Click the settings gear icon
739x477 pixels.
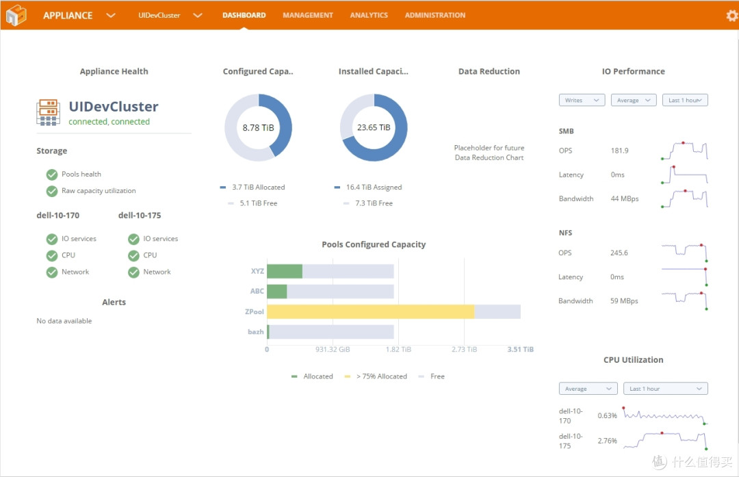point(732,16)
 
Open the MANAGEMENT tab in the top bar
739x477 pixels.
point(308,15)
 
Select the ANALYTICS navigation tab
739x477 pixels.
point(369,15)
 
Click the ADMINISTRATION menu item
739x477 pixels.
point(435,15)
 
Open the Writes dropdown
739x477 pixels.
point(582,100)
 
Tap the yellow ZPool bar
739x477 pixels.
point(370,311)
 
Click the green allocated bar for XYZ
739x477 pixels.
point(285,271)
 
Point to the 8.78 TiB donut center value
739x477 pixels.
point(258,128)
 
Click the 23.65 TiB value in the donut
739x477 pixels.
point(374,127)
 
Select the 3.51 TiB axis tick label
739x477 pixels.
point(520,349)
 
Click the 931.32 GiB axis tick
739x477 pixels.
point(333,349)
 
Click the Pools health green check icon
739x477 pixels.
point(52,175)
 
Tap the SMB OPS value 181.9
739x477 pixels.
point(619,151)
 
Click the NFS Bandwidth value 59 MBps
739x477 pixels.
point(624,300)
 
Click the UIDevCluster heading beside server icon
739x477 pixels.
point(114,107)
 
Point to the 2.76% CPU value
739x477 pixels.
point(607,441)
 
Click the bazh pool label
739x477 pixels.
point(255,332)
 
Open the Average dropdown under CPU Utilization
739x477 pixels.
point(588,389)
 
